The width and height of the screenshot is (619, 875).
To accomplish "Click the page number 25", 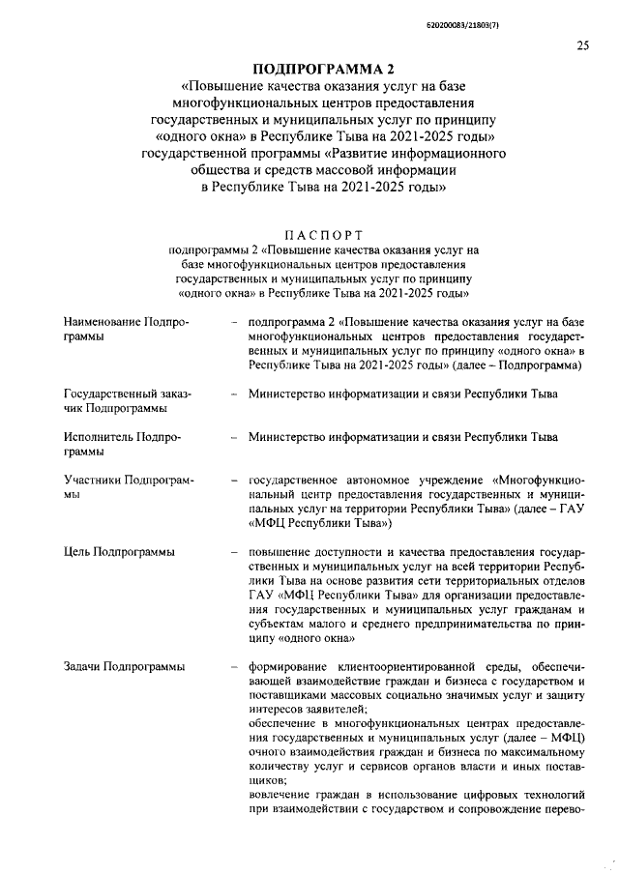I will tap(582, 44).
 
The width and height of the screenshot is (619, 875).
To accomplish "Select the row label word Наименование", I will tap(102, 320).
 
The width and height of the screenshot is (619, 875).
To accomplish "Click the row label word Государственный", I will tap(106, 394).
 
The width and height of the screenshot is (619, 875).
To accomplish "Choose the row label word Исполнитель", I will tap(98, 436).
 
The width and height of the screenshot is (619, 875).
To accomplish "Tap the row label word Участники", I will tap(92, 479).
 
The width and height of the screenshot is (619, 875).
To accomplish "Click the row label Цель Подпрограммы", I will tap(119, 552).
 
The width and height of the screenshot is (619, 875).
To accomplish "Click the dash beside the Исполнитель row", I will tap(233, 436).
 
